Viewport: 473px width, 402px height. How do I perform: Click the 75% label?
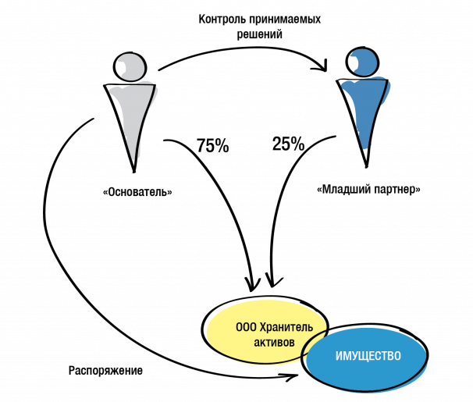213,145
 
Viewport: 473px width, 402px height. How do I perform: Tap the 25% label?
288,144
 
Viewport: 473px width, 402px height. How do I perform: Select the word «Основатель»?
137,192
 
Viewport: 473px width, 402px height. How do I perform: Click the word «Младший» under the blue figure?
343,190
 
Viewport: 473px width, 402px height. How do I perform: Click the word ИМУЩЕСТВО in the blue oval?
368,356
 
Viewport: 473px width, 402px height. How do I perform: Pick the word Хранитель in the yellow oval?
286,327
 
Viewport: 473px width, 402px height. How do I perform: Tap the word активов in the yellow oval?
274,343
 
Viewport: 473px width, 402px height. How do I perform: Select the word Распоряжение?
105,371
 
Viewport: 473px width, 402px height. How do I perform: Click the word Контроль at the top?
222,20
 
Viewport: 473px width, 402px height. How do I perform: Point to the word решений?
259,34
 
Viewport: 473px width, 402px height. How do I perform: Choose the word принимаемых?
285,20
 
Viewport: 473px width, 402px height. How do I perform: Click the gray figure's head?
130,67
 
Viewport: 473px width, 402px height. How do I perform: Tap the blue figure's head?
362,62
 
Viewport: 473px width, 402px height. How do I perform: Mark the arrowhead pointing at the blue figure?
322,66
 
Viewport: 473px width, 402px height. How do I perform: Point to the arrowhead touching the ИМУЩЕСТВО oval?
292,377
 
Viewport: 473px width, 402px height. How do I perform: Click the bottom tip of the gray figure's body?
134,172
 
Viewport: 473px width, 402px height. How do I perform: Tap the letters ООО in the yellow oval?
246,327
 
